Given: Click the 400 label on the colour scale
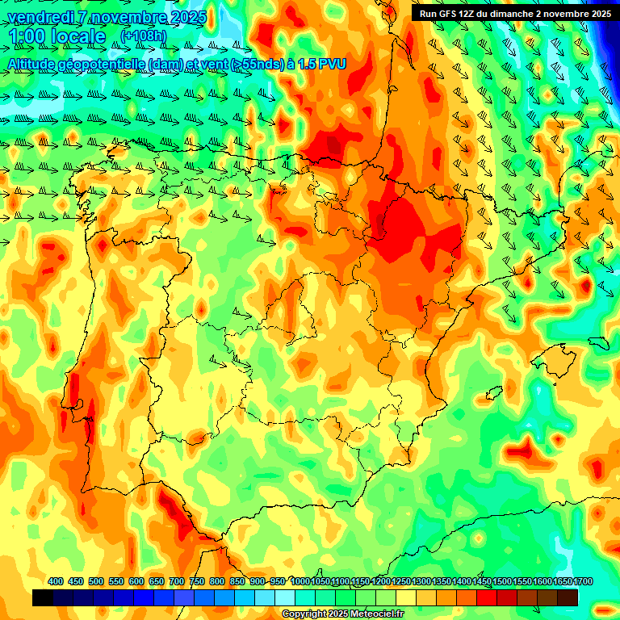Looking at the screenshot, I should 56,581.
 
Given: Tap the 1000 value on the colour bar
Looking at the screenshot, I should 300,581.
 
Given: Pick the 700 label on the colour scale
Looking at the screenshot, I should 177,581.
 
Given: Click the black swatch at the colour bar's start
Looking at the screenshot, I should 43,597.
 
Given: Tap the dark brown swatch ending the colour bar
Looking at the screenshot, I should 568,597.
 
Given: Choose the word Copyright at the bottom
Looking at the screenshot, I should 304,614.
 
